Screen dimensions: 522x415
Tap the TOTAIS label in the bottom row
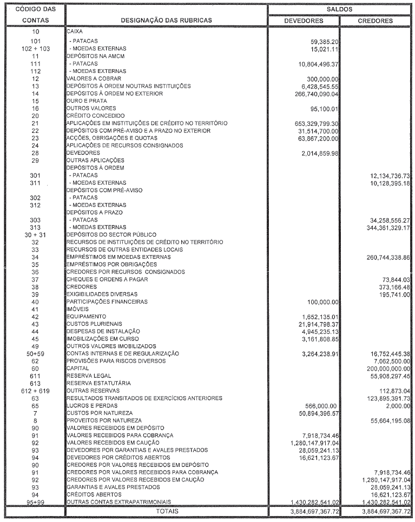point(167,511)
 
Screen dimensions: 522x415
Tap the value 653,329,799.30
point(313,124)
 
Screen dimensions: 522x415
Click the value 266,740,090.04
point(313,93)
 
